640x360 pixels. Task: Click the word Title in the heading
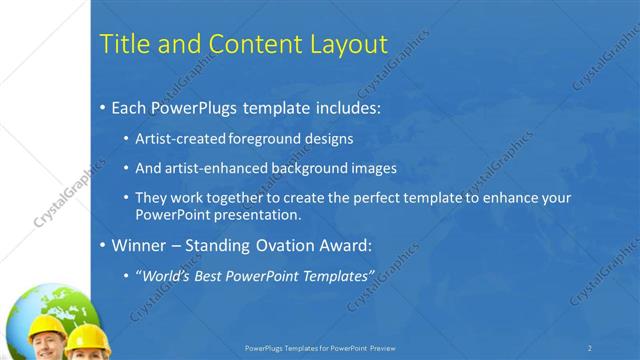(x=126, y=43)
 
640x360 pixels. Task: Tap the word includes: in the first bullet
(x=346, y=106)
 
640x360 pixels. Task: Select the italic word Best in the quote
(x=218, y=275)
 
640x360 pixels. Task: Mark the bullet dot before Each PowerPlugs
(x=105, y=107)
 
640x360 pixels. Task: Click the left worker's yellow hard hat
(x=46, y=329)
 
